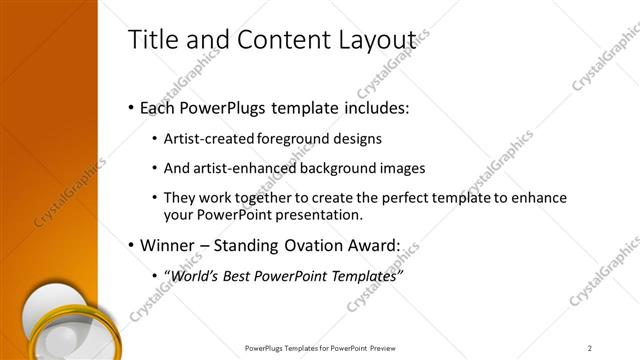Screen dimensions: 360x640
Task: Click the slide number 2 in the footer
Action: [x=590, y=348]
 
